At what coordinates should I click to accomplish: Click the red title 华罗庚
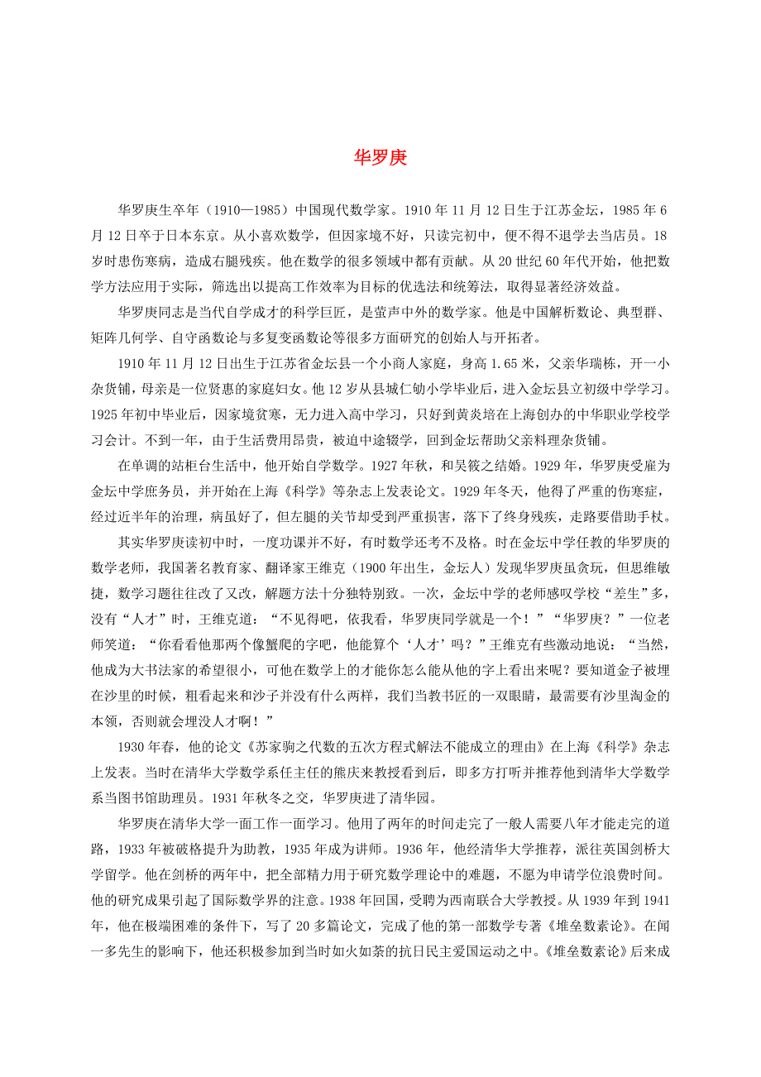[x=380, y=158]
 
